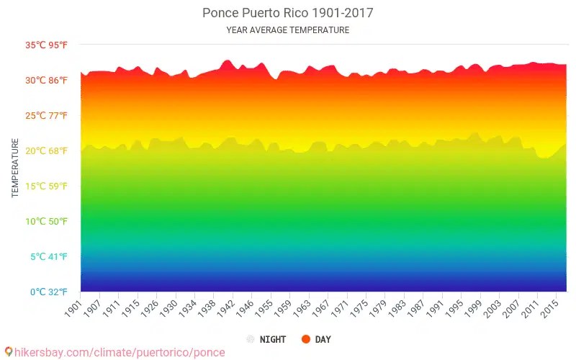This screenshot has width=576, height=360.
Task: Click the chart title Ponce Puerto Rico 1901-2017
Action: (x=287, y=13)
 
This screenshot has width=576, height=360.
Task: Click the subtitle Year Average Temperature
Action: (x=287, y=30)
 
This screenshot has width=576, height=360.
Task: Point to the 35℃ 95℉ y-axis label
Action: (x=47, y=45)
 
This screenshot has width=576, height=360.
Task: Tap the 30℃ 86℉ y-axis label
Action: (x=47, y=81)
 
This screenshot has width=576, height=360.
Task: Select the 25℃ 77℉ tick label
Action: (x=47, y=116)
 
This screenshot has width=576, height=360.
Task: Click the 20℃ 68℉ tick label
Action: (x=47, y=151)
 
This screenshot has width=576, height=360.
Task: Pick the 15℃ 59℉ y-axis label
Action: (x=47, y=186)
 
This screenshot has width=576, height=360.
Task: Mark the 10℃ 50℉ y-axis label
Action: (x=47, y=222)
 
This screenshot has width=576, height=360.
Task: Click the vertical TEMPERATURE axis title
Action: (x=15, y=168)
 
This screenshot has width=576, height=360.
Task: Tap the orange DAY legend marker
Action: (x=305, y=339)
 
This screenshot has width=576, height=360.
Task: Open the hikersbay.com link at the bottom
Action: (x=120, y=353)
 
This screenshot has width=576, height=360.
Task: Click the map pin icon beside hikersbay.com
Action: (x=8, y=353)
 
